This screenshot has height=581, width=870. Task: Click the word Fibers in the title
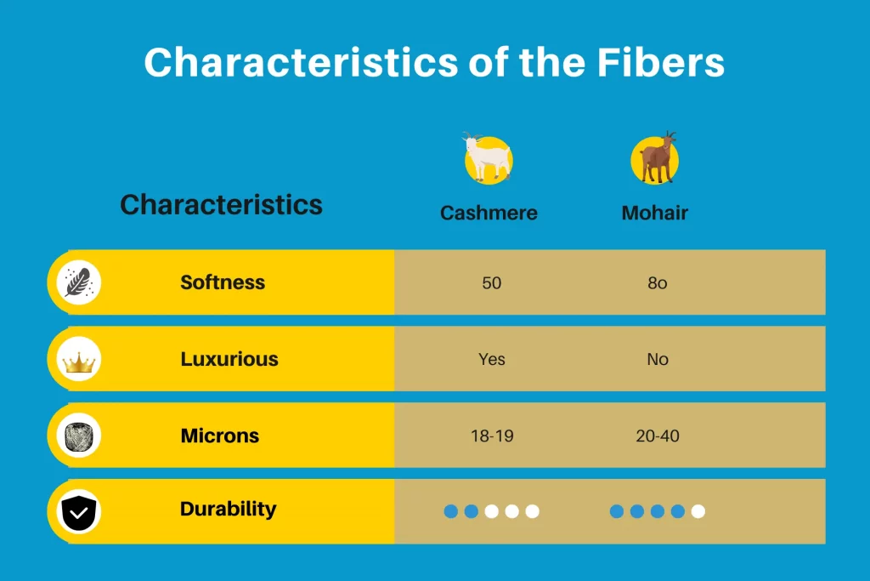pos(660,62)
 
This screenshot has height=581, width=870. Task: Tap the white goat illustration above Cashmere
pos(488,158)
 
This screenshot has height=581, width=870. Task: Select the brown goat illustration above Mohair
pos(655,158)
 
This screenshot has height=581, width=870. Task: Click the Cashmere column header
pos(489,213)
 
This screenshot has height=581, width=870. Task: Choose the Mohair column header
pos(655,213)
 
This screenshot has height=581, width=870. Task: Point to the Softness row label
pos(223,282)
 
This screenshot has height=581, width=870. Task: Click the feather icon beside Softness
pos(79,282)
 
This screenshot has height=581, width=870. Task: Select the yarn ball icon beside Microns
pos(79,436)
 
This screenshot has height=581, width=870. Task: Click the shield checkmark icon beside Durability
pos(79,512)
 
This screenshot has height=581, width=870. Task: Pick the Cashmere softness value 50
pos(492,282)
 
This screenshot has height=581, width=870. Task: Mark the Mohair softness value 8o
pos(658,282)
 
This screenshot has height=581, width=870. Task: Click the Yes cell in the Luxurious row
pos(492,359)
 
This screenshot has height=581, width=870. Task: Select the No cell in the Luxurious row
pos(658,359)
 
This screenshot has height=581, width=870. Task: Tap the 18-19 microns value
pos(492,436)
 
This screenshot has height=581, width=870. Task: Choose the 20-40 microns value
pos(658,436)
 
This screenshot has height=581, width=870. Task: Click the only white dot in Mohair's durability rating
pos(698,511)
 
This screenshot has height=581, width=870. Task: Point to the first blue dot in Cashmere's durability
pos(451,511)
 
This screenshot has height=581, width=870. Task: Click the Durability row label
pos(228,510)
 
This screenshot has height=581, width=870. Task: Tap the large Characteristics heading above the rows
pos(222,204)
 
